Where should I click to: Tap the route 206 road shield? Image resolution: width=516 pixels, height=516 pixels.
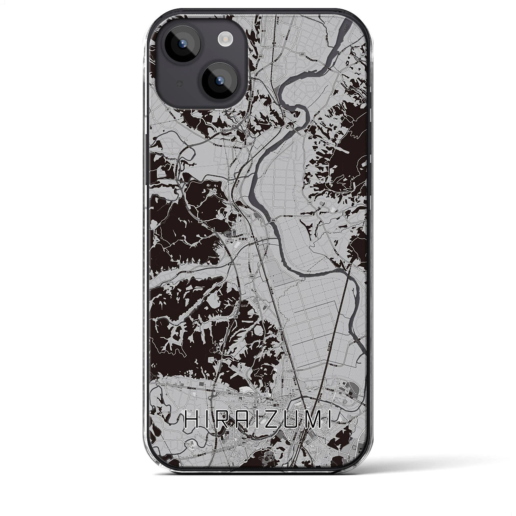[x=273, y=220]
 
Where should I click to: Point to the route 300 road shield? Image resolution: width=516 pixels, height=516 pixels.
[x=252, y=277]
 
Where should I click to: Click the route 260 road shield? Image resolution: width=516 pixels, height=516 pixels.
[x=280, y=340]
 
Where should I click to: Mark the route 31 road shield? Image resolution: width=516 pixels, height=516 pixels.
[x=227, y=241]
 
